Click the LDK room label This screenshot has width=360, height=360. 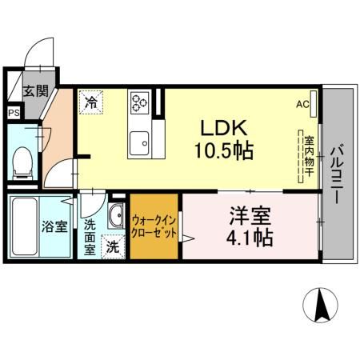click(x=226, y=128)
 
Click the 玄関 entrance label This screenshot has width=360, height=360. click(x=34, y=90)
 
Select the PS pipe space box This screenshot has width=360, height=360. click(x=13, y=113)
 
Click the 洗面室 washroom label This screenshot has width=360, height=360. click(x=90, y=236)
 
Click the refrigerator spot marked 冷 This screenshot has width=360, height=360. click(x=91, y=102)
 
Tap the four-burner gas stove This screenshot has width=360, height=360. click(x=141, y=102)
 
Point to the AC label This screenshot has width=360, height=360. click(x=302, y=104)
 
